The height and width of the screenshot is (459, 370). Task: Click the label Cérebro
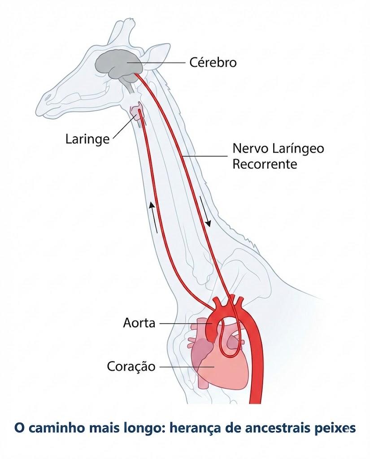coord(213,62)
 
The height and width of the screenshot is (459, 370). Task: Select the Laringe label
coord(87,139)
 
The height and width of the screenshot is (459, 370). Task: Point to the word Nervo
coord(250,148)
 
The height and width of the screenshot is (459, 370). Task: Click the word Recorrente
coord(265,164)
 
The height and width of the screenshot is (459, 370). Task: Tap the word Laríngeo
coord(298,149)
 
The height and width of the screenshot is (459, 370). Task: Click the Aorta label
coord(139,323)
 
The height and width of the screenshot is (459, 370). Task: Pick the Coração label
coord(131,366)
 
